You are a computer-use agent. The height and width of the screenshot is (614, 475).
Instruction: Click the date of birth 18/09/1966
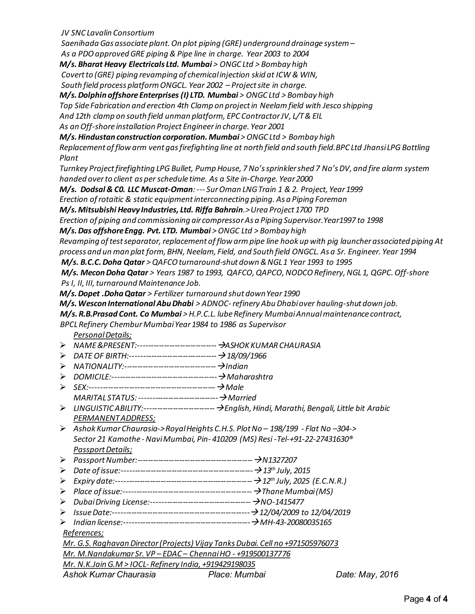(247, 356)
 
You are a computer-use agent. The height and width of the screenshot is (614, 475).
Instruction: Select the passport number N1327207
(279, 460)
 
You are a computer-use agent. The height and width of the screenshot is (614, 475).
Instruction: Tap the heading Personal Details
(103, 335)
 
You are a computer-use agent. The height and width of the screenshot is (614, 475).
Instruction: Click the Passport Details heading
(103, 449)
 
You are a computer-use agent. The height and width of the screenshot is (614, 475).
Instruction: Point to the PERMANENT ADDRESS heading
(114, 418)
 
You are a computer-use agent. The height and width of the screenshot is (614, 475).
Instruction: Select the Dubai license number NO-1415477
(282, 502)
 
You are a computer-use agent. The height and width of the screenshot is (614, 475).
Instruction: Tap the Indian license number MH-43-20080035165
(295, 522)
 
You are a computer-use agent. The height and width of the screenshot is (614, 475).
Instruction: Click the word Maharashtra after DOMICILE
(250, 377)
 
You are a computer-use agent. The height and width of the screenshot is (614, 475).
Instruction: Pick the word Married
(242, 398)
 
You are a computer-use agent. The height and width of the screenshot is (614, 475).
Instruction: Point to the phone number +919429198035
(228, 564)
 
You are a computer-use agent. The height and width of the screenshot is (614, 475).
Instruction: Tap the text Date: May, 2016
(367, 574)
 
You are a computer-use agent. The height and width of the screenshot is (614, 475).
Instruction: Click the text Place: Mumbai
(237, 574)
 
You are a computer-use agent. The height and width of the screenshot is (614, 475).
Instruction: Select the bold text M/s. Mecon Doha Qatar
(105, 272)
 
